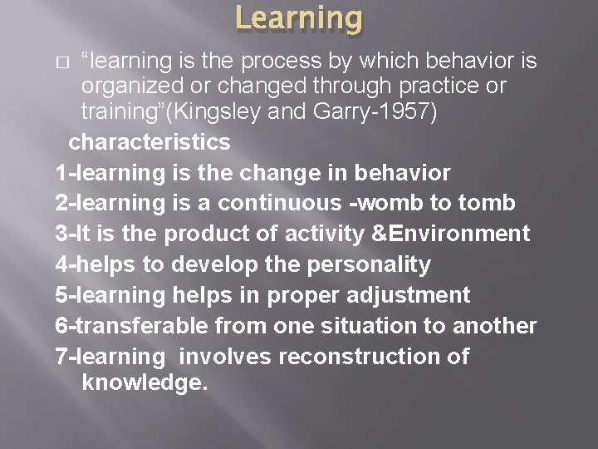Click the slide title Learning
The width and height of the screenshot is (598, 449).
point(299,18)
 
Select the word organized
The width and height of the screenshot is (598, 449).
point(131,86)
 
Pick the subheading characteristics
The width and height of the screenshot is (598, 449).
point(149,142)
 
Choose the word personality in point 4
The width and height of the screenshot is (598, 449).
point(362,265)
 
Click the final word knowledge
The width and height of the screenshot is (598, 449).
point(145,383)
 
